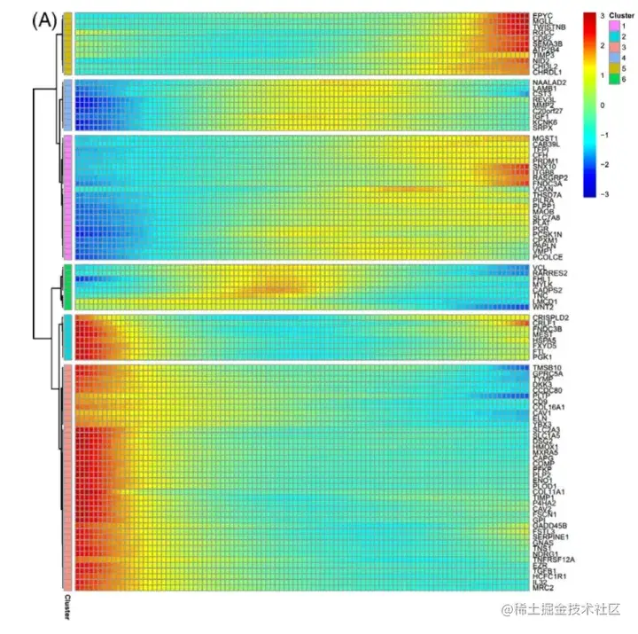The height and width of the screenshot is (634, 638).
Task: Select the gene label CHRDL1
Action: click(x=545, y=70)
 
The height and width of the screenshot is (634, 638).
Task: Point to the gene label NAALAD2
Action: click(x=549, y=83)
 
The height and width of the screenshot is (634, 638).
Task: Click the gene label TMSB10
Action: click(x=544, y=367)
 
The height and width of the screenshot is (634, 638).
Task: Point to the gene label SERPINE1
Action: click(x=549, y=536)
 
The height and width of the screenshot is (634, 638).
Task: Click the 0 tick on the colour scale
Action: click(x=603, y=105)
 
